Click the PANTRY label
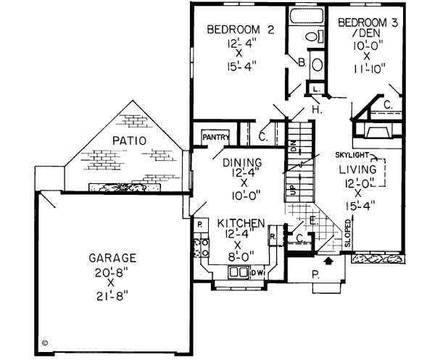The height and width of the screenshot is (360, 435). click(x=216, y=135)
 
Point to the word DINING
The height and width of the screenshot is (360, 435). click(x=238, y=163)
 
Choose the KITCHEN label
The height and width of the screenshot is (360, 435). click(x=239, y=224)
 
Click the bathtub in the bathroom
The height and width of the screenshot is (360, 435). click(x=305, y=17)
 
